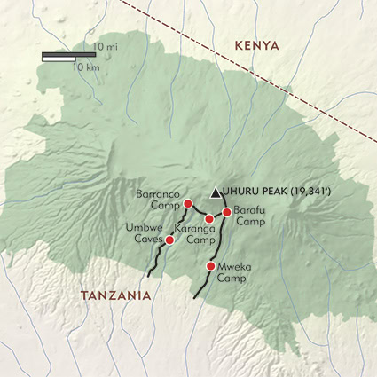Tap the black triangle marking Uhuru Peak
[x=215, y=192]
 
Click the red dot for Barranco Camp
[x=187, y=204]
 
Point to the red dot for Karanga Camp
[x=209, y=219]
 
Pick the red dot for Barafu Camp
[x=227, y=212]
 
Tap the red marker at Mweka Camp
[x=210, y=266]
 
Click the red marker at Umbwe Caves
[x=169, y=240]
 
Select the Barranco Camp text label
[x=158, y=199]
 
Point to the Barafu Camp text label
[x=249, y=216]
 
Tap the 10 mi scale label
[x=106, y=46]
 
